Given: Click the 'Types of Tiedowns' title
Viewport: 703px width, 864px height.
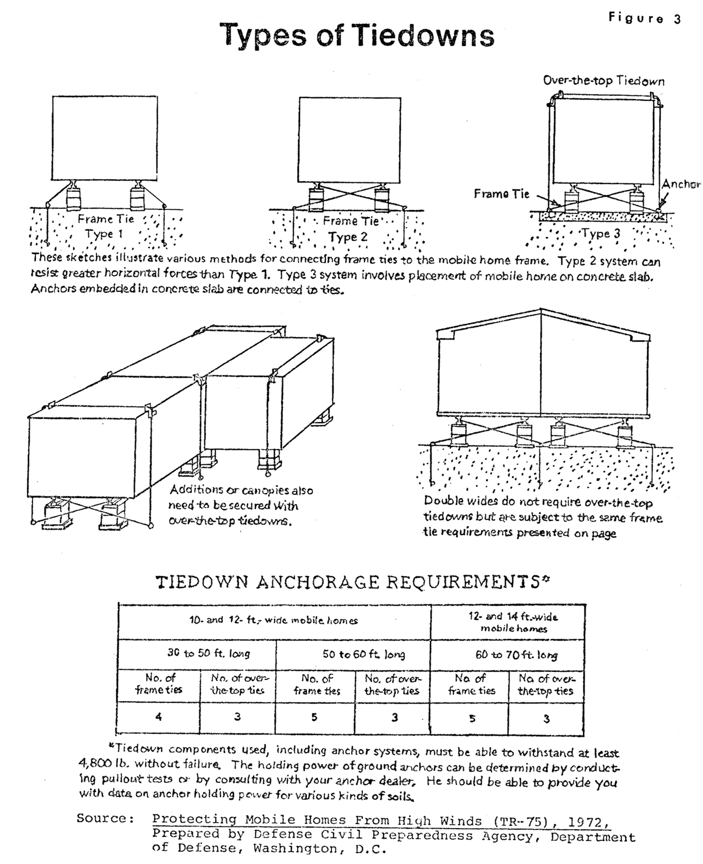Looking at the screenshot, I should pyautogui.click(x=357, y=36).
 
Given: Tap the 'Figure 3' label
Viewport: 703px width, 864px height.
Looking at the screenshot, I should pyautogui.click(x=645, y=18).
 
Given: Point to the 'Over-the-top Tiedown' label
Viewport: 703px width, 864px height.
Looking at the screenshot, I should pyautogui.click(x=603, y=81).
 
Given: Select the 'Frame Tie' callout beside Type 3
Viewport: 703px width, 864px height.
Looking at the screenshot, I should pyautogui.click(x=501, y=194).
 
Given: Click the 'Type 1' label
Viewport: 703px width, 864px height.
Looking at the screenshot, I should pyautogui.click(x=104, y=234).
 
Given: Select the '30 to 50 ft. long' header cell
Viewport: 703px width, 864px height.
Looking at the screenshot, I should pyautogui.click(x=208, y=654).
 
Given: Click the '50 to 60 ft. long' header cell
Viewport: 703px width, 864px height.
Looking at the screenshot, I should pyautogui.click(x=363, y=655).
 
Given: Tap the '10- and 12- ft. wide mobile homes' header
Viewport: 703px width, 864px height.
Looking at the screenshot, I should pyautogui.click(x=273, y=620).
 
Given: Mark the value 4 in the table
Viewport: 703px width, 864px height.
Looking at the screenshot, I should pyautogui.click(x=159, y=717).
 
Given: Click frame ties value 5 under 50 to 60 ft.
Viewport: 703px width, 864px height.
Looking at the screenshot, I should pyautogui.click(x=314, y=717).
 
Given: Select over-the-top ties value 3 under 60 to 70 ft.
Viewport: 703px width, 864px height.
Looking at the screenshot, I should pyautogui.click(x=546, y=719).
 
